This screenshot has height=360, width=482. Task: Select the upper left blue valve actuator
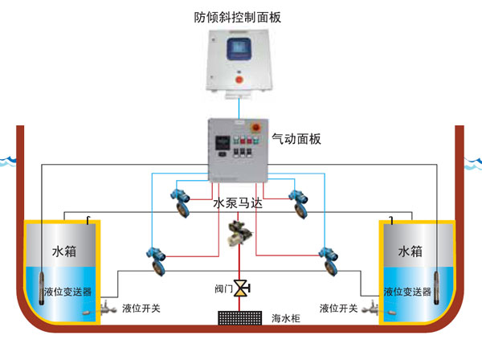point(179,199)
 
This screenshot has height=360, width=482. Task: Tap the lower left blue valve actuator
point(153,255)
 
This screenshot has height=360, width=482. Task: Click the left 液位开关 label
point(141,308)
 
